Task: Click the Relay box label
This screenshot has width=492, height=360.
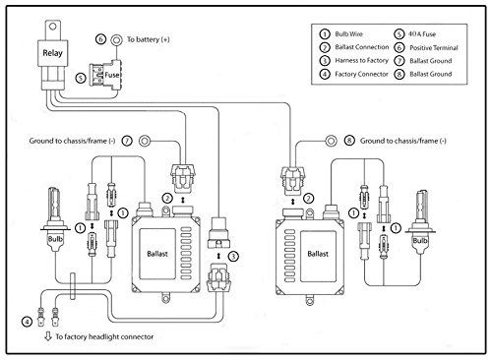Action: point(52,53)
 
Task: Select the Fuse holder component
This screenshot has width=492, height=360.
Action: point(105,75)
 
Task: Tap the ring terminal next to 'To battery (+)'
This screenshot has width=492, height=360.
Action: point(116,40)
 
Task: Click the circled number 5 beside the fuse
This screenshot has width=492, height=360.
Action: point(81,78)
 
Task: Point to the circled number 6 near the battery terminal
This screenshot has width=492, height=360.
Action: point(100,39)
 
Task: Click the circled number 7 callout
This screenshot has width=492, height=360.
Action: point(127,141)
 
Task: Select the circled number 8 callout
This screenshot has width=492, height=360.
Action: point(349,141)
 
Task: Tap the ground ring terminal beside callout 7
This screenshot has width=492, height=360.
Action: point(145,142)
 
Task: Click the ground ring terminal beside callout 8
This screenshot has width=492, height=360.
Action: point(331,142)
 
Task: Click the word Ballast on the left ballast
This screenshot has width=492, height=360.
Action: point(157,254)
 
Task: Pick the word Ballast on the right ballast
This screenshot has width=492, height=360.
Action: point(318,254)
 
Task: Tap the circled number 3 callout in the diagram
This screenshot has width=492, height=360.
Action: point(233,257)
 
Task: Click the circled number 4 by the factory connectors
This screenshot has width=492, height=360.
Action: point(27,322)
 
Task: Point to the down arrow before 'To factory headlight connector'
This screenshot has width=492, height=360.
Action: point(48,336)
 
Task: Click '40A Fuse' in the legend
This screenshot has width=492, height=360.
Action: point(422,34)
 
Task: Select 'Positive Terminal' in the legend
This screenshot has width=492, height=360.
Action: point(434,48)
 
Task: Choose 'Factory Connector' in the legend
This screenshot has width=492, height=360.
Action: point(361,74)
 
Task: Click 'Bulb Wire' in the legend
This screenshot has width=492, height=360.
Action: point(349,34)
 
